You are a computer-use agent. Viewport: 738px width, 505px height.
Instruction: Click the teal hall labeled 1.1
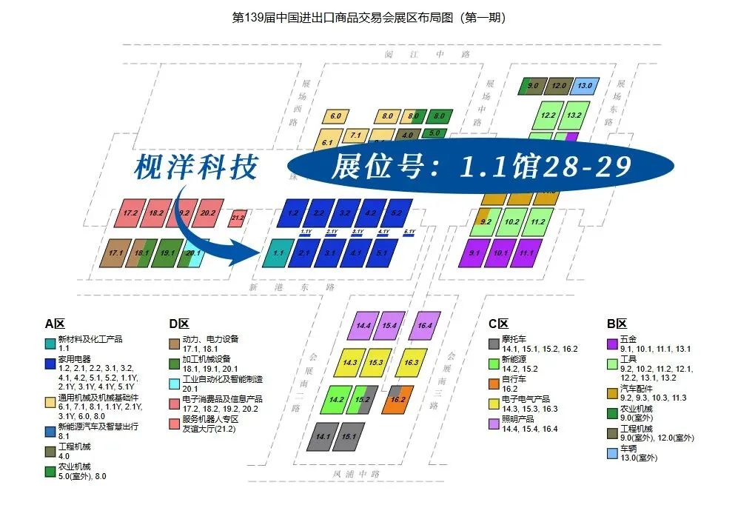pos(278,253)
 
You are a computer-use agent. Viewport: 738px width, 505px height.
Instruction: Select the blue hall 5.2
pos(397,213)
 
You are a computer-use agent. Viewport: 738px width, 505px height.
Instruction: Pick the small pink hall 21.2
pos(238,218)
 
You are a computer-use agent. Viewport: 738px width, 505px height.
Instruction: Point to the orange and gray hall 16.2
pos(397,399)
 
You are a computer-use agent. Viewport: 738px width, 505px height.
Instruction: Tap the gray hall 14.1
pos(323,437)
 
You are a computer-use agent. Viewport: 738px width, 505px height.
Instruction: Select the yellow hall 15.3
pos(375,363)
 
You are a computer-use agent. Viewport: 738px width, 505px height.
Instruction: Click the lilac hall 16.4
pos(425,325)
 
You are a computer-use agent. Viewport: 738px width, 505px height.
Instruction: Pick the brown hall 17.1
pos(115,253)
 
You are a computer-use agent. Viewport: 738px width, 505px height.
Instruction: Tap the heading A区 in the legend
pos(55,324)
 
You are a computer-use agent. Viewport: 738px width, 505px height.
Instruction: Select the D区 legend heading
pos(178,324)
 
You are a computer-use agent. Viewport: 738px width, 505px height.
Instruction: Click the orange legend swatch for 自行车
pos(494,383)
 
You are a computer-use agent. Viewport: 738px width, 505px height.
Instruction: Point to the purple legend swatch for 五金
pos(612,344)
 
